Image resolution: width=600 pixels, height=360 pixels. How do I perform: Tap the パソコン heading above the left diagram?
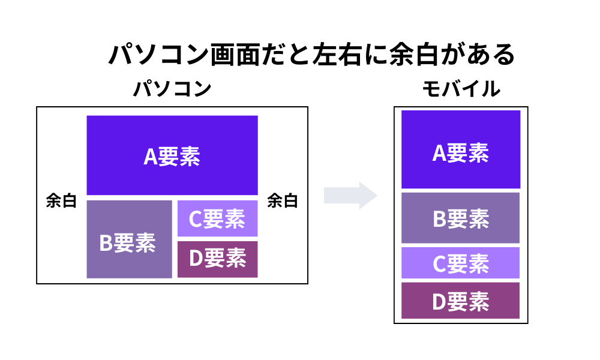(x=172, y=89)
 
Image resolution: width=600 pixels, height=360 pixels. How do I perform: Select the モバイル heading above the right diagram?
(x=461, y=89)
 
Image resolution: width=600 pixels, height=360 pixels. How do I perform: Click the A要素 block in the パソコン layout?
(x=172, y=155)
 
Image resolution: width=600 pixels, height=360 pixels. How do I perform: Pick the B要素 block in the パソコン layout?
(x=129, y=240)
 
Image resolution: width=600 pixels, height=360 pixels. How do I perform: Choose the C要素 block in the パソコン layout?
(x=217, y=219)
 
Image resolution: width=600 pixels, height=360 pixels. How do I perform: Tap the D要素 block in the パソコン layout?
(x=217, y=259)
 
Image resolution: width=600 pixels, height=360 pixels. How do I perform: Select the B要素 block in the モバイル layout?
(x=460, y=218)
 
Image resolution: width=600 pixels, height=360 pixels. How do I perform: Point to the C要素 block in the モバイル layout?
(x=460, y=263)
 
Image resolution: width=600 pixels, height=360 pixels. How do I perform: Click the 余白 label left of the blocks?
(x=61, y=201)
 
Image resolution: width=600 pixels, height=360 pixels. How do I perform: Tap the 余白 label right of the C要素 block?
(x=282, y=201)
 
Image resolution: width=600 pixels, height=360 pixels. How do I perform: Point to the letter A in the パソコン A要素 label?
(x=150, y=157)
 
